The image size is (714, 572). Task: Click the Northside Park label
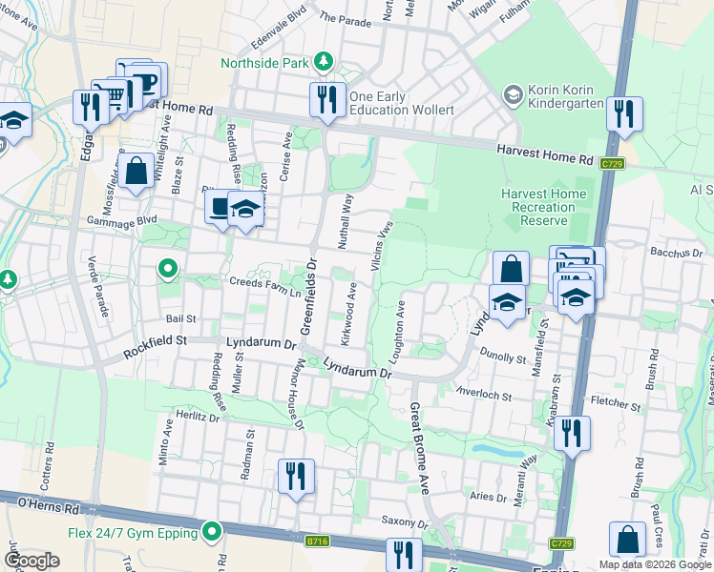265,63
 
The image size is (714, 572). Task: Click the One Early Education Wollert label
401,103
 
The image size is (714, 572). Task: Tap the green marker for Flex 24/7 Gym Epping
212,532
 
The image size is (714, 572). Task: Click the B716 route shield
318,541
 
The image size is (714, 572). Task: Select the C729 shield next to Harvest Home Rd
612,164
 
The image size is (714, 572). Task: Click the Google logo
31,561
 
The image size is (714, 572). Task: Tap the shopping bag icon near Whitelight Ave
136,172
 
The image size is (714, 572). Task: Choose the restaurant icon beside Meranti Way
571,432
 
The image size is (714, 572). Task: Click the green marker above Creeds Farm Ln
168,270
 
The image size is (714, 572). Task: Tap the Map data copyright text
654,564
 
